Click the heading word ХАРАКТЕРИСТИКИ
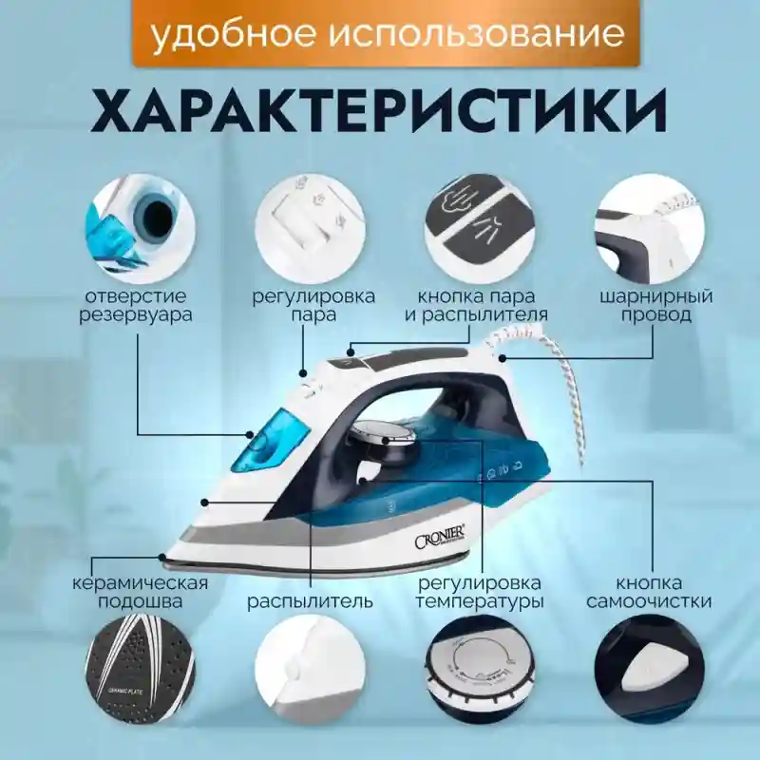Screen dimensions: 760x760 pyautogui.click(x=380, y=112)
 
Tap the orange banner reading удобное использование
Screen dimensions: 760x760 pyautogui.click(x=388, y=34)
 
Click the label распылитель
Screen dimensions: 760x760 pyautogui.click(x=310, y=601)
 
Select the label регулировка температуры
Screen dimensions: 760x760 pyautogui.click(x=479, y=591)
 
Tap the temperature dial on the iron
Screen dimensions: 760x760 pyautogui.click(x=385, y=439)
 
